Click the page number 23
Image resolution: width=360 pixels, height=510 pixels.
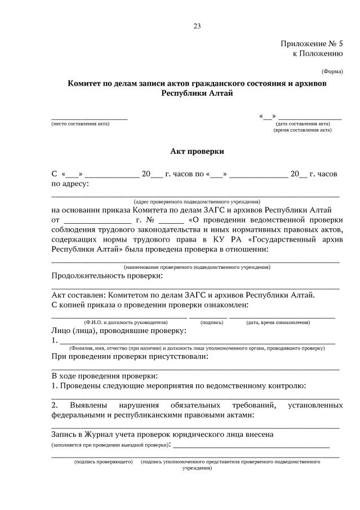(197, 26)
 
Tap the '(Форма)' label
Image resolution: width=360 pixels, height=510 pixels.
(332, 72)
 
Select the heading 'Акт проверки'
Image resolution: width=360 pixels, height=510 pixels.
(197, 151)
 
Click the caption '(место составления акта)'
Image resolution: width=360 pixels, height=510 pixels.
(80, 123)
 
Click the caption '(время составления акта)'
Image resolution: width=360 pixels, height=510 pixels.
(303, 130)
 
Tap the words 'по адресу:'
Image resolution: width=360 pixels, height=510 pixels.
(70, 183)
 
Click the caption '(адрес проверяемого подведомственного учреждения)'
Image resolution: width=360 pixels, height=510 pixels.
(197, 201)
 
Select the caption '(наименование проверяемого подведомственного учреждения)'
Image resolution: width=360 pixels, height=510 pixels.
(197, 267)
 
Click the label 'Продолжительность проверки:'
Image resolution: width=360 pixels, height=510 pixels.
(107, 276)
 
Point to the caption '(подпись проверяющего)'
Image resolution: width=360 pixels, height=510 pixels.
(103, 462)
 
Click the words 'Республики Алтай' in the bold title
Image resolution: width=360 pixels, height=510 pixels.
(197, 93)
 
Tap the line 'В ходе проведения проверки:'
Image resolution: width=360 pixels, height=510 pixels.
(105, 375)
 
